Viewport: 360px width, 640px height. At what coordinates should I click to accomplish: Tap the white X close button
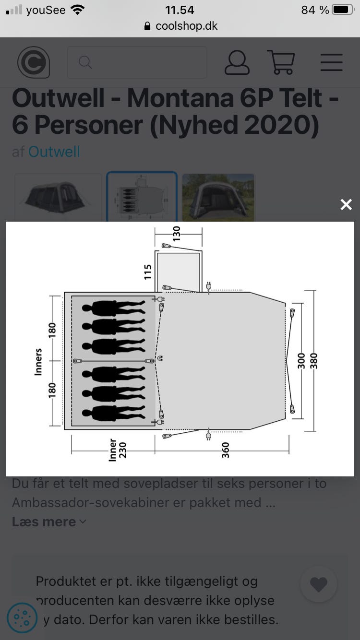point(346,204)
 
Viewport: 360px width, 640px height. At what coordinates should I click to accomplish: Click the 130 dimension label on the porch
point(177,234)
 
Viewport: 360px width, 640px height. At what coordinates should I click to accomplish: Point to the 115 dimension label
point(147,272)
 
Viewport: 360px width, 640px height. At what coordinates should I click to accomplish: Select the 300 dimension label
point(301,361)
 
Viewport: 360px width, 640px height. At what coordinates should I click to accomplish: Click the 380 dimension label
point(313,361)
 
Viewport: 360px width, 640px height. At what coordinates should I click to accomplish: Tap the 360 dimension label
point(226,450)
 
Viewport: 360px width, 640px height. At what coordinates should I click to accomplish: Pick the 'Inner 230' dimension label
point(117,450)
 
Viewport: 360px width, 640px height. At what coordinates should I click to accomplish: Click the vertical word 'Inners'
point(38,362)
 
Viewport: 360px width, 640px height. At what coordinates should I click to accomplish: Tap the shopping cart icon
point(281,62)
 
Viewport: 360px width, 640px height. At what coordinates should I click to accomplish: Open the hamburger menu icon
point(331,62)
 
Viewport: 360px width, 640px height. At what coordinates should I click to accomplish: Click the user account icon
point(237,62)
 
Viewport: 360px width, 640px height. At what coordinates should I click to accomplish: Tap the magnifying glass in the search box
point(85,62)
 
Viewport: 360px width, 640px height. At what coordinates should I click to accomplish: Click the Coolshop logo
point(34,62)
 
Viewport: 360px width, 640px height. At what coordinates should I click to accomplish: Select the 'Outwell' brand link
point(54,152)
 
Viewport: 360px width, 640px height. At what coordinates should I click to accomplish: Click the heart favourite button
point(319,584)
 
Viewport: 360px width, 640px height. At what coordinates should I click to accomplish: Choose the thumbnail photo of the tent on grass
point(218,198)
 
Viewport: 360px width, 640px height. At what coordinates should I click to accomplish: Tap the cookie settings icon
point(22,618)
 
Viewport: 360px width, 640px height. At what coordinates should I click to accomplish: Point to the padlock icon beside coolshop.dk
point(147,26)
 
